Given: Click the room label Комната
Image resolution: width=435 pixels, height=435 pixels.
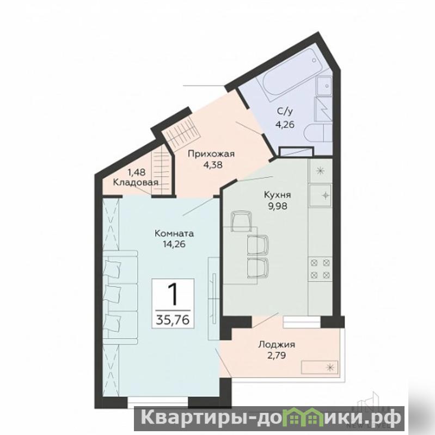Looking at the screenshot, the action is [x=174, y=234].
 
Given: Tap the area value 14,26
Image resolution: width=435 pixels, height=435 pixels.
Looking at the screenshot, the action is [x=174, y=244].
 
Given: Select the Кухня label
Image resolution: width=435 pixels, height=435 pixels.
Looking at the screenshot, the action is [x=277, y=195].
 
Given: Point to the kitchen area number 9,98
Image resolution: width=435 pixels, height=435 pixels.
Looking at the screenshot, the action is [x=277, y=206].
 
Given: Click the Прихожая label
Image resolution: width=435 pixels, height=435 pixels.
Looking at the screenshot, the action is [x=211, y=154].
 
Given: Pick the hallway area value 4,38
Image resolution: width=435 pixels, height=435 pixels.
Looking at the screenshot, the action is [x=213, y=165].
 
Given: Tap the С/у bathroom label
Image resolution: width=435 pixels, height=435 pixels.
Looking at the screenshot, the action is [x=285, y=112].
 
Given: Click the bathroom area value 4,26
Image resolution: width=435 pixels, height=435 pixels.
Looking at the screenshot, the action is [x=285, y=125].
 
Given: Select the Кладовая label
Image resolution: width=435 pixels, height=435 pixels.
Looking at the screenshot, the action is [x=136, y=182].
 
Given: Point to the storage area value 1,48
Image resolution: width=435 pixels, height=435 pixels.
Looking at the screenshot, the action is [x=136, y=172].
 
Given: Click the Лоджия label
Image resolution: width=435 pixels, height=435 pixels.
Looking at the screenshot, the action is [x=277, y=345].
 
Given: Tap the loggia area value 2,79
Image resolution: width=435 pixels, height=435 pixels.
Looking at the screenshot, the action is [x=276, y=355].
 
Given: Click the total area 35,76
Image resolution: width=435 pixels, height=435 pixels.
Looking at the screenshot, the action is [x=173, y=320].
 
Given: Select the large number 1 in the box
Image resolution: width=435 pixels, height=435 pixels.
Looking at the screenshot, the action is [x=173, y=295].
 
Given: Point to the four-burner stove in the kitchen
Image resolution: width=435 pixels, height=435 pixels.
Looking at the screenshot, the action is [x=320, y=268].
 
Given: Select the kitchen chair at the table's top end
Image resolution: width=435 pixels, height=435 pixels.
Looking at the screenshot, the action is [x=241, y=221].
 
